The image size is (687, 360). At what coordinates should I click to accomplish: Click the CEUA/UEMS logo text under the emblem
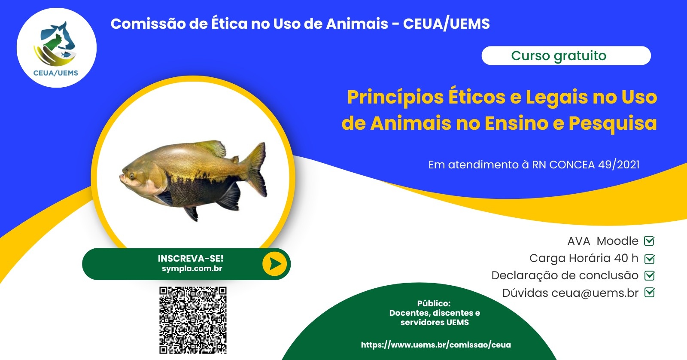pyautogui.click(x=55, y=73)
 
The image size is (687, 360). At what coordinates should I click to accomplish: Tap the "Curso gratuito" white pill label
pyautogui.click(x=566, y=55)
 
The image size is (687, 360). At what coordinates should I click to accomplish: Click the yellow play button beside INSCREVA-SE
pyautogui.click(x=274, y=264)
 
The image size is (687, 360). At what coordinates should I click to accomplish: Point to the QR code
pyautogui.click(x=193, y=320)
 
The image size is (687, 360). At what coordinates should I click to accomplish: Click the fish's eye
pyautogui.click(x=132, y=176)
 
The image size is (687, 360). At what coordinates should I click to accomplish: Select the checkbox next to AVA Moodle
pyautogui.click(x=649, y=241)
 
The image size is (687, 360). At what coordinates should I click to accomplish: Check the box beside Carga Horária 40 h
pyautogui.click(x=649, y=259)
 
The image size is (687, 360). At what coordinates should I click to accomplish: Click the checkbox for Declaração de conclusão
pyautogui.click(x=649, y=276)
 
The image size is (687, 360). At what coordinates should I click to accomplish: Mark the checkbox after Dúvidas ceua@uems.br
pyautogui.click(x=649, y=293)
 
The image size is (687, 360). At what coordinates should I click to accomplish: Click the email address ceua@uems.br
pyautogui.click(x=595, y=293)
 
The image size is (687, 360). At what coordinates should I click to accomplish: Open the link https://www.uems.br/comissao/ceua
pyautogui.click(x=436, y=345)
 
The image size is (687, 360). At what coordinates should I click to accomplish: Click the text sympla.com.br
pyautogui.click(x=192, y=268)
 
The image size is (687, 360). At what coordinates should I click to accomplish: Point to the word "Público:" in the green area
pyautogui.click(x=434, y=304)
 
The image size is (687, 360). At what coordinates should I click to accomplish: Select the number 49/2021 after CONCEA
pyautogui.click(x=619, y=165)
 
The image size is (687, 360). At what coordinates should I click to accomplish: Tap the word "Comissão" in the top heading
pyautogui.click(x=148, y=24)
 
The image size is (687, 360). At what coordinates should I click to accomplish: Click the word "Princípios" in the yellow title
pyautogui.click(x=395, y=98)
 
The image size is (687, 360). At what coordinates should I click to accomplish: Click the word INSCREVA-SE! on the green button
pyautogui.click(x=191, y=259)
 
